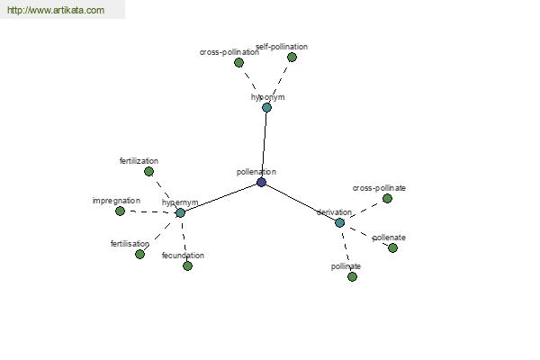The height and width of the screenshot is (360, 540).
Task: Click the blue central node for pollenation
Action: click(x=261, y=182)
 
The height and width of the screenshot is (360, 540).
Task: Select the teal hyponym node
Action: click(x=266, y=107)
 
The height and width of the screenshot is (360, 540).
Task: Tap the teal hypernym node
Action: click(x=181, y=213)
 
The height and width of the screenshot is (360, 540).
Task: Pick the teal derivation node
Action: click(x=339, y=223)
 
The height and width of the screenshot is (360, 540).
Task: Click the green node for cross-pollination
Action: click(x=238, y=63)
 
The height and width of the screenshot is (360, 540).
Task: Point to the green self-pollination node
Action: click(x=292, y=58)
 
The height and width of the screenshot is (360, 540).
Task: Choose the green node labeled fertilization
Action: click(x=148, y=171)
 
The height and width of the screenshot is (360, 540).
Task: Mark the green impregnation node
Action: click(x=120, y=211)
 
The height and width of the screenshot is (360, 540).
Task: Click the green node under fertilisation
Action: click(x=139, y=254)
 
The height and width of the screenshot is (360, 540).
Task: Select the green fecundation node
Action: click(x=187, y=266)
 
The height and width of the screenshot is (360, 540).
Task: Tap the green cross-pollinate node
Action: click(x=387, y=198)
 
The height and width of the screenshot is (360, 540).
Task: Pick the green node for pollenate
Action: click(x=392, y=248)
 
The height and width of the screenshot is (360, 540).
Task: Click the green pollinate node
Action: click(x=352, y=276)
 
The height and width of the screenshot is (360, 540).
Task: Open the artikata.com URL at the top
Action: click(x=56, y=10)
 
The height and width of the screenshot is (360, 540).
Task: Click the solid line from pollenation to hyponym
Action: click(x=264, y=145)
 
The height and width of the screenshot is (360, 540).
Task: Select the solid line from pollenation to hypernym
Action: click(x=221, y=197)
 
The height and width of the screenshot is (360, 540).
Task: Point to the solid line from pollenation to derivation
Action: click(x=301, y=202)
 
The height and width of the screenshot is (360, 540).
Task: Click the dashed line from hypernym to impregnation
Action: click(x=150, y=211)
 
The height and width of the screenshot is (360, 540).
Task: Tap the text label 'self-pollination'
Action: click(x=282, y=47)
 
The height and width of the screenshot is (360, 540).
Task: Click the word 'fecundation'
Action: click(x=183, y=256)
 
